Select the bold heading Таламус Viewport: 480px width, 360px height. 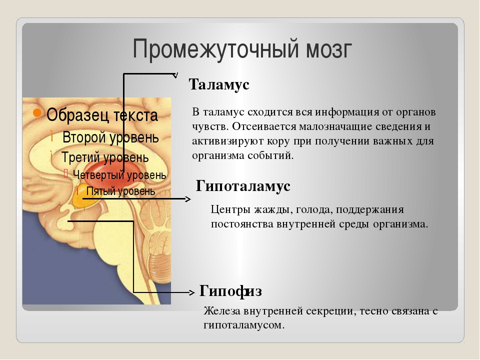click(219, 84)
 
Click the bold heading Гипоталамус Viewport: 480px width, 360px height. click(243, 186)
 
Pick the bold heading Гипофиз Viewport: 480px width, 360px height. click(230, 291)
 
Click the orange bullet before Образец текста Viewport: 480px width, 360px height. click(37, 112)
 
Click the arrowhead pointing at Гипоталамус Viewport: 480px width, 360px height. click(188, 199)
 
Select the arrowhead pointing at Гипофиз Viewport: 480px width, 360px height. click(191, 292)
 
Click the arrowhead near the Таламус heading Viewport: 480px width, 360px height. click(175, 75)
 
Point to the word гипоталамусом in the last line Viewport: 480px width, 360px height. click(244, 325)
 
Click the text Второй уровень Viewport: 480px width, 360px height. click(110, 137)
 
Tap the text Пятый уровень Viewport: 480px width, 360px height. click(120, 191)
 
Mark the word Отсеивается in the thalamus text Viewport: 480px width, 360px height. click(264, 126)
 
